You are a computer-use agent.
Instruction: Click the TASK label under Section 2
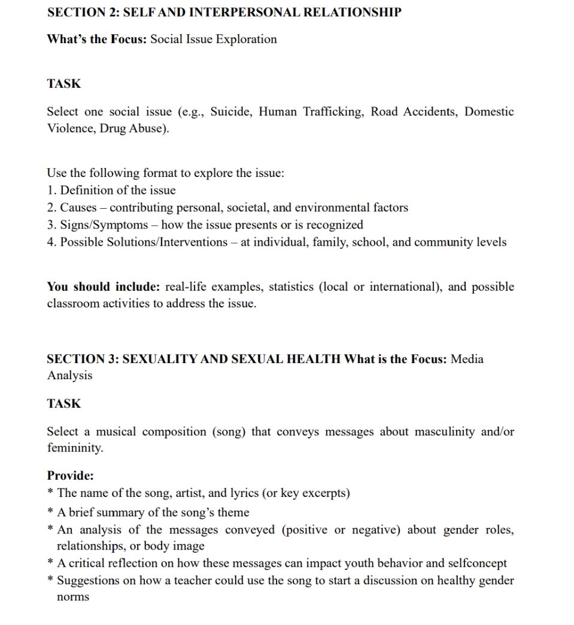[64, 84]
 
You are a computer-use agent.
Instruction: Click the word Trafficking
[333, 112]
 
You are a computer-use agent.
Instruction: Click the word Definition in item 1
[87, 191]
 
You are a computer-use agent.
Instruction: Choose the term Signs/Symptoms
[104, 225]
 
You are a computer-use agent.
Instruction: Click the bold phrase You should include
[103, 286]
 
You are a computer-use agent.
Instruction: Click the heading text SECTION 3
[83, 359]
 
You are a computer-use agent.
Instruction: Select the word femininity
[74, 448]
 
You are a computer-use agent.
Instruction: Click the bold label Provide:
[71, 476]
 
